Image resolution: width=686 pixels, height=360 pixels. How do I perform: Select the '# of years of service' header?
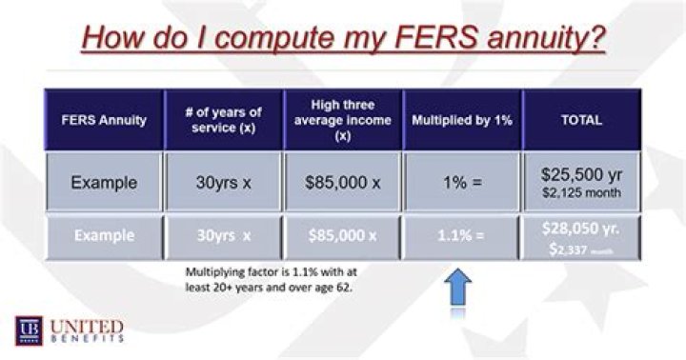pyautogui.click(x=223, y=119)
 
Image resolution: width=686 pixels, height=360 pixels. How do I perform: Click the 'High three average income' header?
pyautogui.click(x=342, y=119)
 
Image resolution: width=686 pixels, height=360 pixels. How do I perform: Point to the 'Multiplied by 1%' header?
pyautogui.click(x=460, y=119)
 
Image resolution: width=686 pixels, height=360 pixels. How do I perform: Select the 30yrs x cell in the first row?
pyautogui.click(x=223, y=182)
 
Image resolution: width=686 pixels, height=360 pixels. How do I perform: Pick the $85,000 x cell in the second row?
pyautogui.click(x=342, y=236)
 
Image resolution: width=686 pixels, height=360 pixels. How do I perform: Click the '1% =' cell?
pyautogui.click(x=460, y=182)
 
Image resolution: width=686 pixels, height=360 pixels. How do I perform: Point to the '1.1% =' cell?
pyautogui.click(x=460, y=236)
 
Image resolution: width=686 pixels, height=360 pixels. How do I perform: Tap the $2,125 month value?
pyautogui.click(x=583, y=193)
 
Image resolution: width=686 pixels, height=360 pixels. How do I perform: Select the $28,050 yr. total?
pyautogui.click(x=583, y=230)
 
